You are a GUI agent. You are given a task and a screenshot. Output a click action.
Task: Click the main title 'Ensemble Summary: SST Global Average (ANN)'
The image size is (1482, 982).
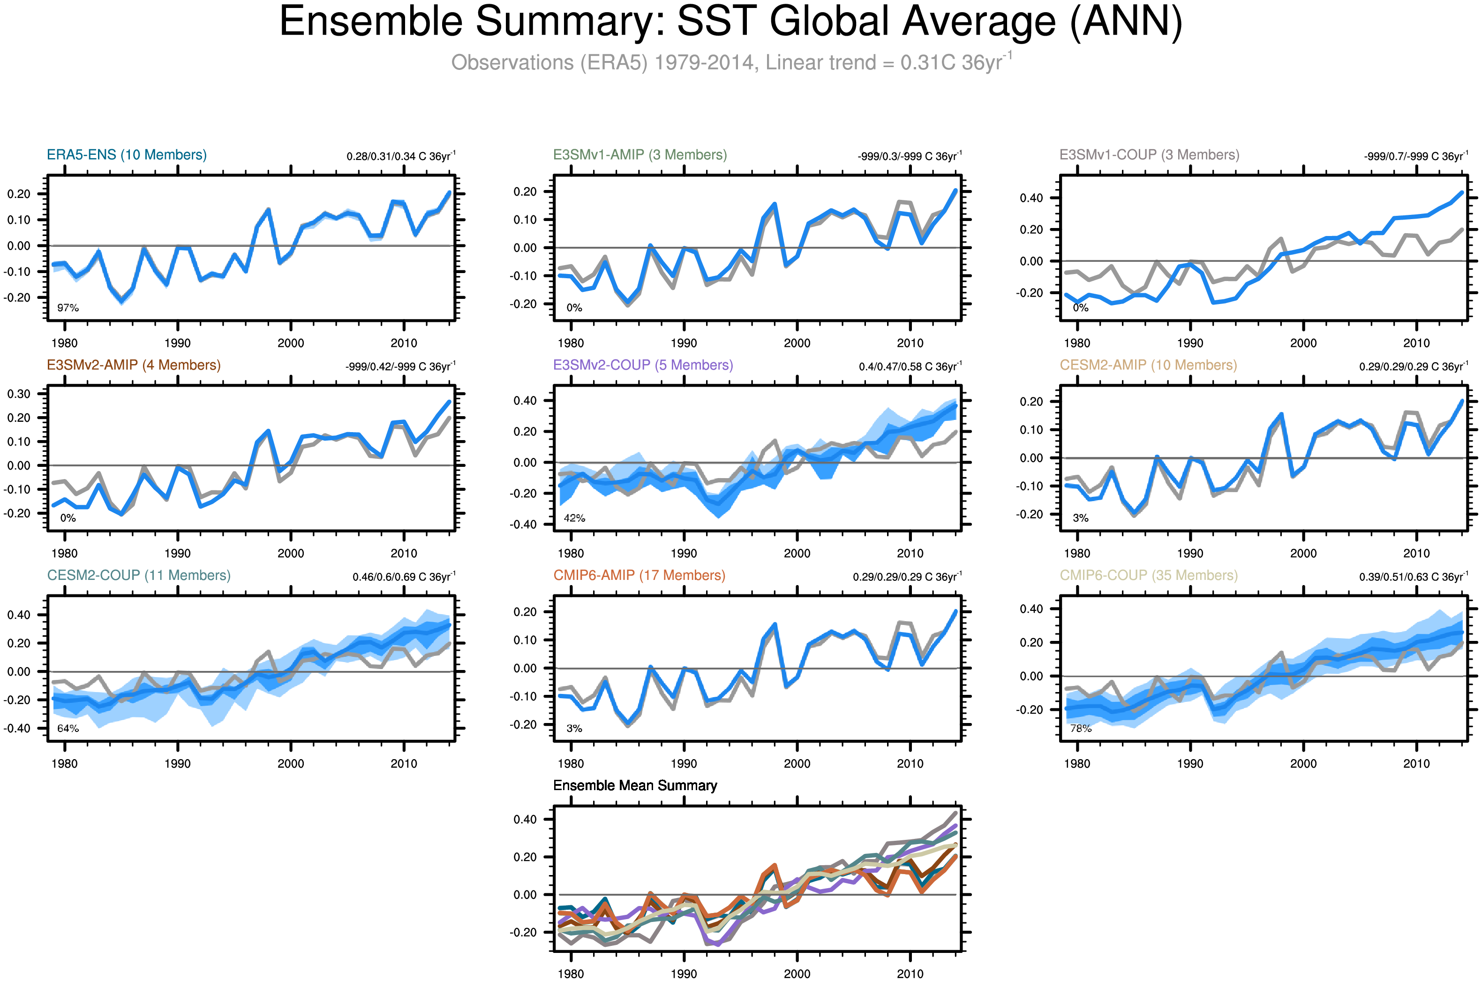point(730,23)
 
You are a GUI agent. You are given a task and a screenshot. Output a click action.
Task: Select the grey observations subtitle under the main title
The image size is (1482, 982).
point(730,62)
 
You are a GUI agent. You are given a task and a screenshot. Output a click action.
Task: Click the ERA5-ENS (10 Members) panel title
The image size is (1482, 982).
point(127,155)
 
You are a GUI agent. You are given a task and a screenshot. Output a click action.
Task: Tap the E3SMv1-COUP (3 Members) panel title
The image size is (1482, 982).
point(1149,155)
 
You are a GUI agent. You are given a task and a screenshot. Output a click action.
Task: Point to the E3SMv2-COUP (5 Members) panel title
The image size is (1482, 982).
point(643,365)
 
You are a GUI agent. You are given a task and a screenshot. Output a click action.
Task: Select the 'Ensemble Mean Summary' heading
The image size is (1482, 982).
point(635,785)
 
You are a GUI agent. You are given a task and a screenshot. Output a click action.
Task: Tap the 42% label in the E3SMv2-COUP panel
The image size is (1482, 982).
point(574,518)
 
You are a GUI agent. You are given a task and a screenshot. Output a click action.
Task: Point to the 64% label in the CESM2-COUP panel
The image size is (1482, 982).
point(68,728)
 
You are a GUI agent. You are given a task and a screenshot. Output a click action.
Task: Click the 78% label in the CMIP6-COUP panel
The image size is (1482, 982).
point(1080,728)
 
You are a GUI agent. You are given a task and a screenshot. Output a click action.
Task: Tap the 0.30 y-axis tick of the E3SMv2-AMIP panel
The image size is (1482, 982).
point(19,394)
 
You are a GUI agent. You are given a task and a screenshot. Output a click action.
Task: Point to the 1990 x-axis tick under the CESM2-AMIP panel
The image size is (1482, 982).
point(1190,554)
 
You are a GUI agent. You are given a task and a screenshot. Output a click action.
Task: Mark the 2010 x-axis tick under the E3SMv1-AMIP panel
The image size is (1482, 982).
point(910,343)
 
